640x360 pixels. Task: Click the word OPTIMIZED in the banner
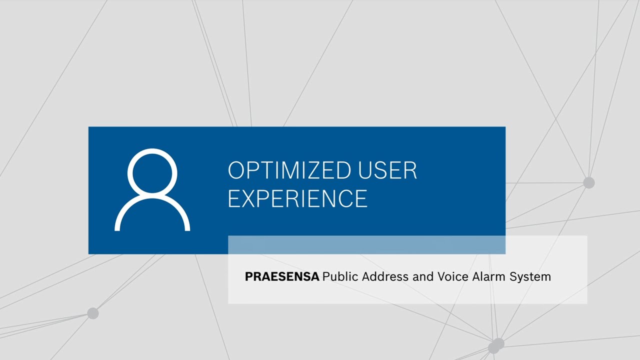tap(283, 171)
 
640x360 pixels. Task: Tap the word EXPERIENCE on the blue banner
tap(297, 198)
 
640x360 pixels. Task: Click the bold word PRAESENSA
tap(282, 276)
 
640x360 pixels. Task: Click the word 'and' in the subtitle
tap(423, 276)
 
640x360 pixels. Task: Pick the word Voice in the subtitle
tap(452, 276)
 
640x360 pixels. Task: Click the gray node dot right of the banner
tap(589, 183)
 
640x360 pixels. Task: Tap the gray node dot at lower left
tap(92, 313)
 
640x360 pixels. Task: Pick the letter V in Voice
tap(441, 276)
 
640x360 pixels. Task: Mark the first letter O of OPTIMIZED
tap(236, 171)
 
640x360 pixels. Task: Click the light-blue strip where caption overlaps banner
tap(366, 244)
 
